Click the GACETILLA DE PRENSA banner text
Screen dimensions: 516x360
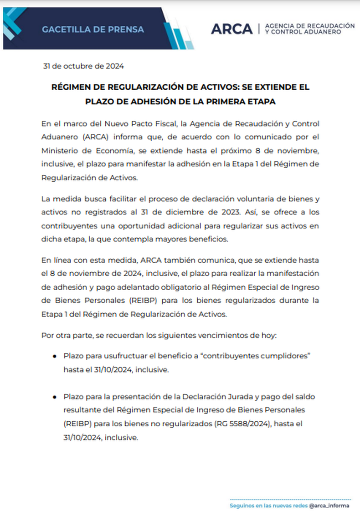tap(93, 30)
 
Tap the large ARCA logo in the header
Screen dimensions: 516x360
tap(231, 29)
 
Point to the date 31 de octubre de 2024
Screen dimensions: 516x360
tap(83, 66)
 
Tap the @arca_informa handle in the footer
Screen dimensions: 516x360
tap(329, 506)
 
